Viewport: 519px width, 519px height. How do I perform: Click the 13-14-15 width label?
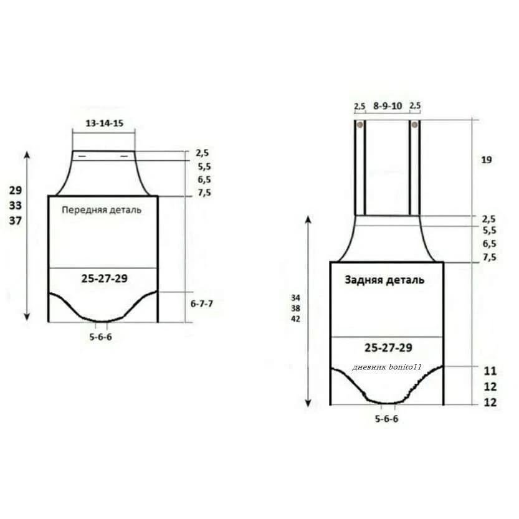tap(104, 123)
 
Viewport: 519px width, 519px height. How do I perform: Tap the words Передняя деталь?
tap(102, 210)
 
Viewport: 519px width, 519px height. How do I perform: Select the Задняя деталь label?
tap(384, 280)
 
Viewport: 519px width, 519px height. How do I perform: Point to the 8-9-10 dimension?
tap(388, 106)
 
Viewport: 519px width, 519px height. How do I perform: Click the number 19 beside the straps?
tap(487, 160)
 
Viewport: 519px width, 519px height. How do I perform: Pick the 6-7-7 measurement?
tap(202, 303)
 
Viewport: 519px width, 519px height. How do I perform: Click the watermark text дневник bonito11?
tap(386, 367)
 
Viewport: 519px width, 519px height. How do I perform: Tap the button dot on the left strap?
tap(359, 125)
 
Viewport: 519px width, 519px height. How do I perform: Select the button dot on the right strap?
tap(414, 125)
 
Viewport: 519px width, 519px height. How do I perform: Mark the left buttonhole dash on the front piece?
tap(82, 156)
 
